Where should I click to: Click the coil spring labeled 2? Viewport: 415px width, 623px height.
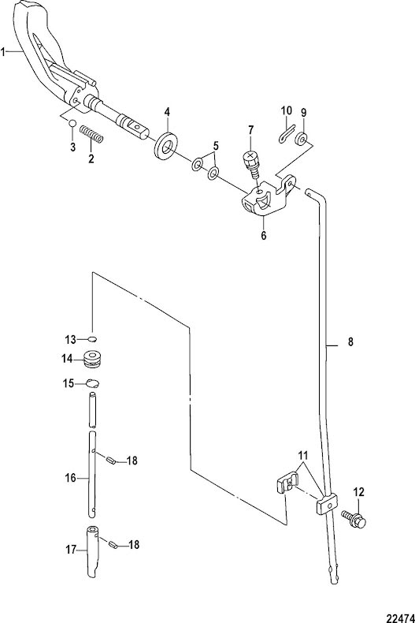(91, 134)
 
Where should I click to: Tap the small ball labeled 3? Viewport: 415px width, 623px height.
(72, 123)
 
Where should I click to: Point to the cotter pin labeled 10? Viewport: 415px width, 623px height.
(286, 133)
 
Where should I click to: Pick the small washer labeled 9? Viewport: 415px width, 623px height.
(302, 139)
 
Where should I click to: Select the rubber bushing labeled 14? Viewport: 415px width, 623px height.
(94, 358)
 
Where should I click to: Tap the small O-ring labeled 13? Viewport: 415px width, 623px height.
(92, 339)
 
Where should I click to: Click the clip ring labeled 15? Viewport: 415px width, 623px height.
(93, 383)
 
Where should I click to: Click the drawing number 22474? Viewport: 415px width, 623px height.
(401, 617)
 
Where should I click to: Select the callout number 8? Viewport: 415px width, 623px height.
(350, 342)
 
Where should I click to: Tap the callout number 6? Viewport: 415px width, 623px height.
(264, 235)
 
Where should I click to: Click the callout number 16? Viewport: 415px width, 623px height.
(71, 478)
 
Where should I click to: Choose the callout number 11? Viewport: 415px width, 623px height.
(303, 455)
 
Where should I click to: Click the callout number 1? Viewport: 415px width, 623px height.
(3, 51)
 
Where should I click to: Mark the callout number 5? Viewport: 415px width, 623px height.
(216, 145)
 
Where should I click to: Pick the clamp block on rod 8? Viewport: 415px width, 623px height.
(327, 504)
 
